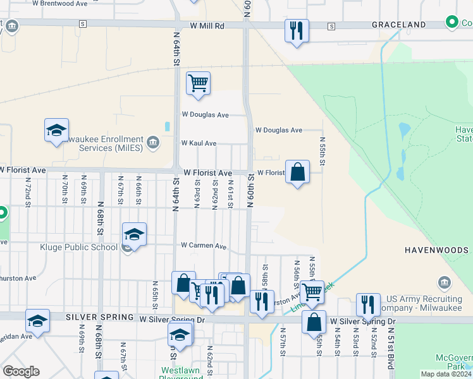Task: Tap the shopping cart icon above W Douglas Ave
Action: click(199, 83)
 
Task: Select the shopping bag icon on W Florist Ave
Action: click(297, 172)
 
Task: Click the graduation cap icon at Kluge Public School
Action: click(134, 235)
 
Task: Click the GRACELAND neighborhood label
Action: click(398, 25)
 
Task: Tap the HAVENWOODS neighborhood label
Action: click(436, 250)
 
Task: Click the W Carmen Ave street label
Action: click(204, 245)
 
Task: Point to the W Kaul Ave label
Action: click(199, 143)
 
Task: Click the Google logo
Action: click(21, 371)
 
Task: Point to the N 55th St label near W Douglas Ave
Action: click(322, 152)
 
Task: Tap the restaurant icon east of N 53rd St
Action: click(367, 305)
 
